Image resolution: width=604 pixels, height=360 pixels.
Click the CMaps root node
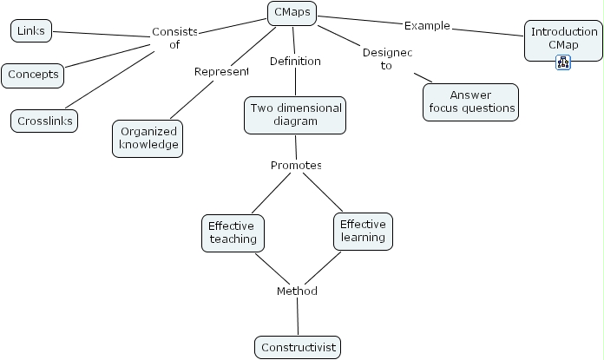coord(292,13)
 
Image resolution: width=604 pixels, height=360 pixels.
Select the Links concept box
coord(31,32)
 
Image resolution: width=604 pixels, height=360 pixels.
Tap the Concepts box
coord(34,75)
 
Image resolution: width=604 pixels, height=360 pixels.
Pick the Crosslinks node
coord(45,121)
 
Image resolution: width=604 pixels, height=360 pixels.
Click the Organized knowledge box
coord(148,138)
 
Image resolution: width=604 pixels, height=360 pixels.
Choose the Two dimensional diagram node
coord(295,115)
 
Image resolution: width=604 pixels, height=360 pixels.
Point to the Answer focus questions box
coord(471,101)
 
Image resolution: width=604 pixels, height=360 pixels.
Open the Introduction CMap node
coord(562,37)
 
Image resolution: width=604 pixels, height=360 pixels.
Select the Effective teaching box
coord(232,232)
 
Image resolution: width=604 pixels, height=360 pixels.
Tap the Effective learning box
coord(363,230)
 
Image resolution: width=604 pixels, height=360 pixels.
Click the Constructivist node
coord(298,348)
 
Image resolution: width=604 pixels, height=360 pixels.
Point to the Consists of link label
coord(174,38)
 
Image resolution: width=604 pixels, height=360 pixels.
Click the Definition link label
coord(295,62)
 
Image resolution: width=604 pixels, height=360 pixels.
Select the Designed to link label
coord(386,59)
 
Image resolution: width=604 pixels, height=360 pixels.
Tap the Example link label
coord(427,25)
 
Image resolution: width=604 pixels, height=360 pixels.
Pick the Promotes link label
coord(296,165)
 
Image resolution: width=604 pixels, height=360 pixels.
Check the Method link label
coord(297,291)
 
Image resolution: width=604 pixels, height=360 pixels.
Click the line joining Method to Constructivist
coord(298,317)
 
